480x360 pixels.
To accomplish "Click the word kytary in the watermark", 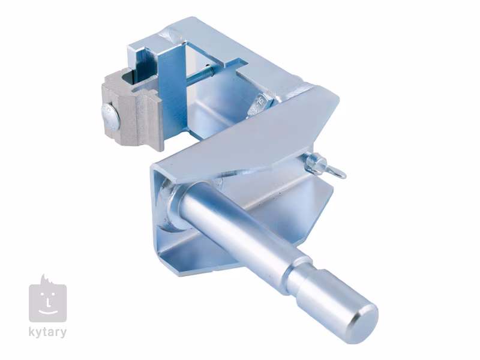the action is pyautogui.click(x=47, y=332).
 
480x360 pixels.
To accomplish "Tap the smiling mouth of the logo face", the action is pyautogui.click(x=48, y=312).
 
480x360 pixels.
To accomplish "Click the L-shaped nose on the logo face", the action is pyautogui.click(x=48, y=302).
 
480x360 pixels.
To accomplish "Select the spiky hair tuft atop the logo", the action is pyautogui.click(x=46, y=279).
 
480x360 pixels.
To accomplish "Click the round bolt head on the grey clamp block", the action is pyautogui.click(x=110, y=116).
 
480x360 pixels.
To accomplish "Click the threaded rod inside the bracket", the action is pyautogui.click(x=197, y=76).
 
